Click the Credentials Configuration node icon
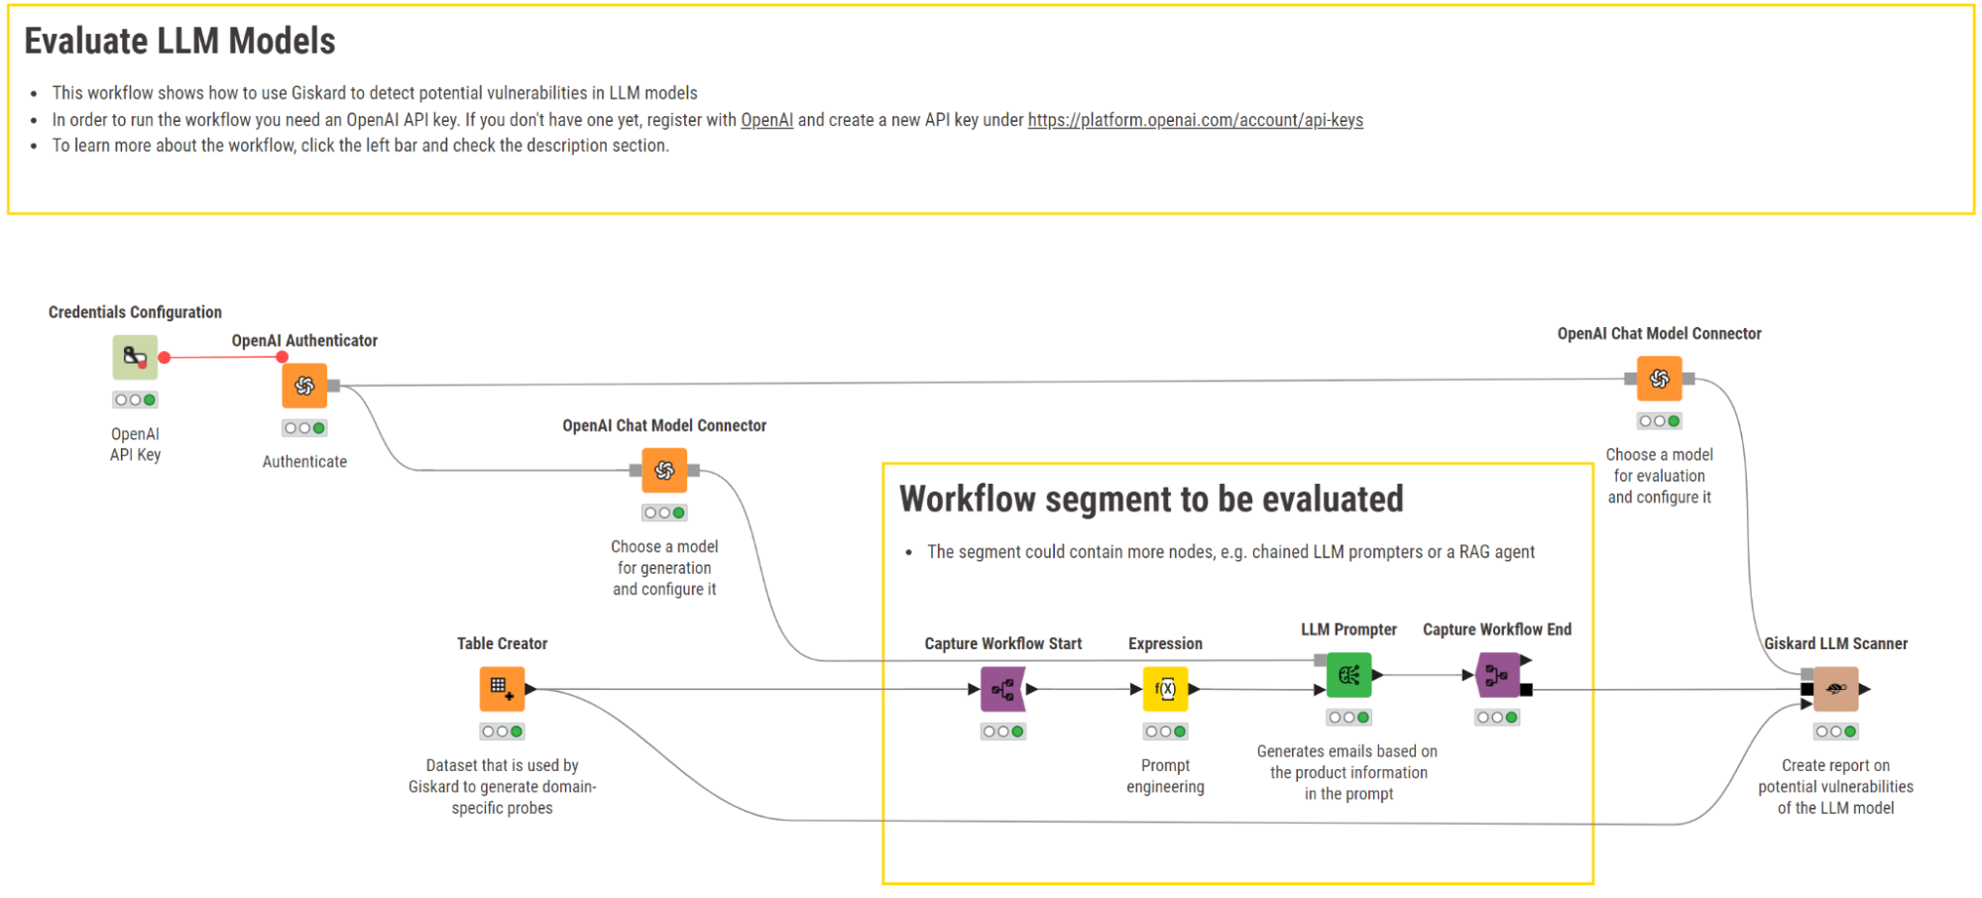click(x=135, y=357)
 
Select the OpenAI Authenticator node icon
click(x=304, y=386)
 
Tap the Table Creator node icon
click(x=502, y=689)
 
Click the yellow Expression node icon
click(x=1165, y=689)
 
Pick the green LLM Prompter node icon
click(x=1348, y=675)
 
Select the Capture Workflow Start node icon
click(x=1002, y=689)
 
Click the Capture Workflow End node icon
click(x=1497, y=675)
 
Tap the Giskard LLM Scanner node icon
click(x=1835, y=689)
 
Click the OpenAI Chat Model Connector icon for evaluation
click(x=1659, y=379)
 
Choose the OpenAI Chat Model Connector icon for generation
click(x=664, y=470)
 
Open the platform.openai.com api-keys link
click(x=1195, y=120)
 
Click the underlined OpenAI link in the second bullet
click(x=766, y=120)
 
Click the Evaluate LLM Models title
click(x=179, y=41)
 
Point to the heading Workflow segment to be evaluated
click(x=1150, y=499)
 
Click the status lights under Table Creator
click(x=502, y=731)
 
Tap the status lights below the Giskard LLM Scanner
click(x=1835, y=731)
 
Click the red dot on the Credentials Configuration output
click(x=165, y=358)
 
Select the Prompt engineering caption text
click(x=1165, y=776)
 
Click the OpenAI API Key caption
click(x=135, y=444)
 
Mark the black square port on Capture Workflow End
click(x=1526, y=690)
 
